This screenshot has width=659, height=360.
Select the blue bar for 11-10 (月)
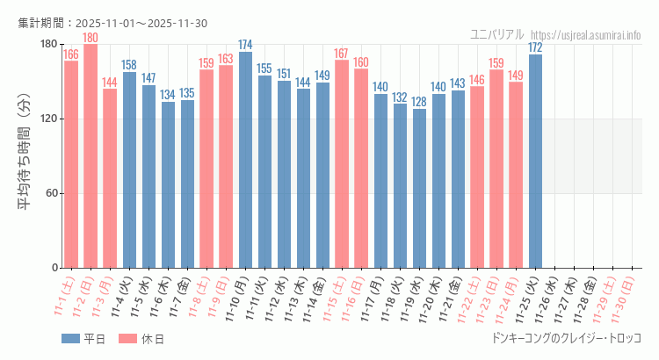point(245,160)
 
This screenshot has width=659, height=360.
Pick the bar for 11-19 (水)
point(419,188)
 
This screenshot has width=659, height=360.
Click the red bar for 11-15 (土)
point(342,163)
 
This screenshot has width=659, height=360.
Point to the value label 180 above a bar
point(91,38)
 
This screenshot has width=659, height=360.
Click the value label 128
point(419,102)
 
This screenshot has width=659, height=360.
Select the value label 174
point(245,45)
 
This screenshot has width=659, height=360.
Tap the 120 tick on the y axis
point(47,119)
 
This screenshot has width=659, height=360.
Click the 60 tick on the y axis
point(50,193)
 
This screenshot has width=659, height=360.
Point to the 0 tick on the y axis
point(54,268)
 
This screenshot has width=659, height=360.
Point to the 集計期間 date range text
point(112,23)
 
